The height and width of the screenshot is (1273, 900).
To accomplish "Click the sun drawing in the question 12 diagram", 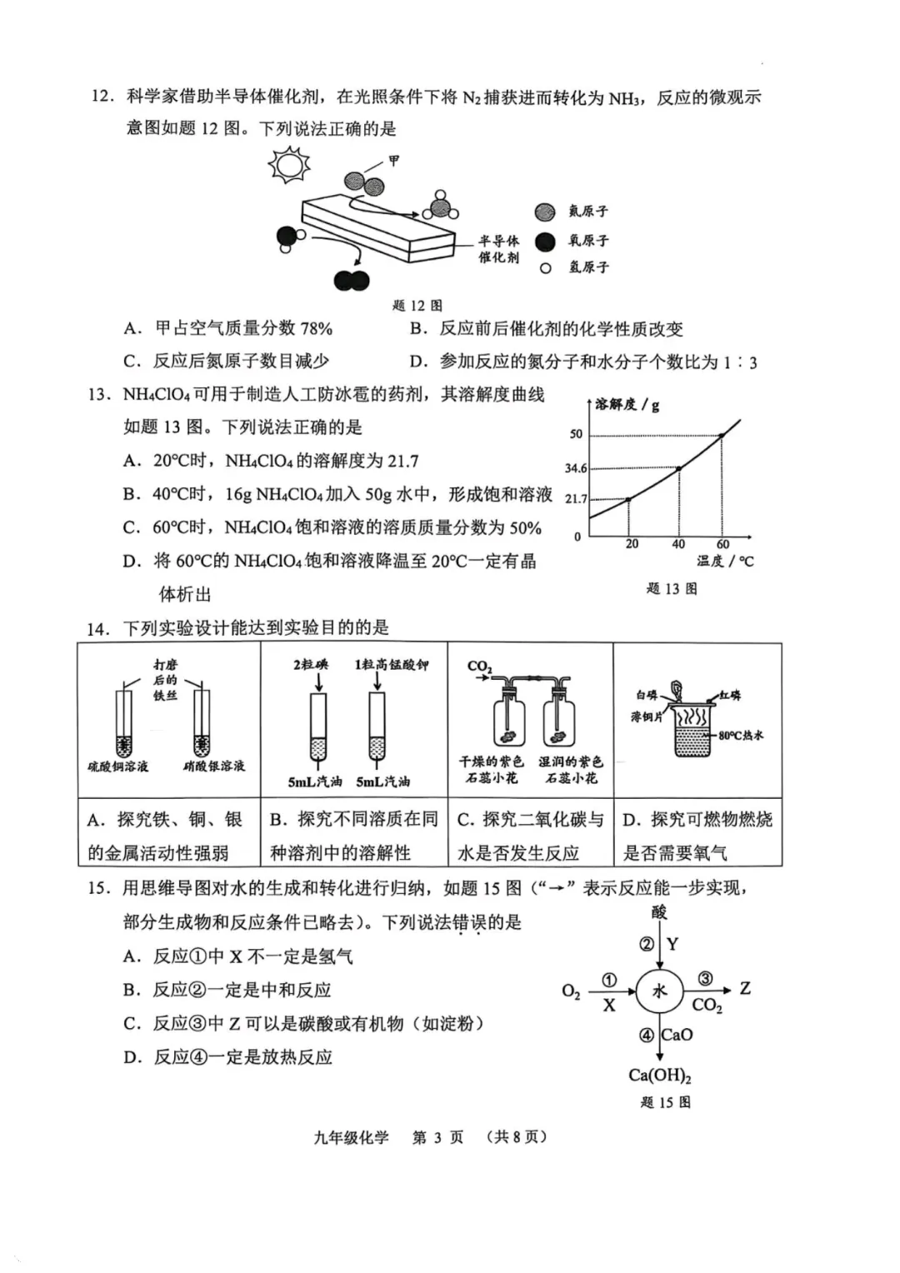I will pyautogui.click(x=289, y=163).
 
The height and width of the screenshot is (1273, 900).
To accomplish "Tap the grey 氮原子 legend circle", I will pyautogui.click(x=545, y=212).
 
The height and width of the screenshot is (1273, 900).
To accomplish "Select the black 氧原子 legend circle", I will pyautogui.click(x=545, y=242).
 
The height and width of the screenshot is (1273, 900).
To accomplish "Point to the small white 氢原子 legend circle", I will pyautogui.click(x=546, y=268).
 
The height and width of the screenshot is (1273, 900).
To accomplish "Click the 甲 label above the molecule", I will pyautogui.click(x=394, y=160).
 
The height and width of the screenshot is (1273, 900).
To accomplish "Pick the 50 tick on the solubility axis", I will pyautogui.click(x=576, y=434).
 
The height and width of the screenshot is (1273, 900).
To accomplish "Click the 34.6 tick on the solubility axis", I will pyautogui.click(x=575, y=468).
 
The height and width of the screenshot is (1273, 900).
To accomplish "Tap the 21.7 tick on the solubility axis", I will pyautogui.click(x=576, y=499).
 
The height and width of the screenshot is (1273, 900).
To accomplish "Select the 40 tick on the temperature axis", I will pyautogui.click(x=678, y=544).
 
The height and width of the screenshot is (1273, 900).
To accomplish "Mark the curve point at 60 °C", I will pyautogui.click(x=722, y=435).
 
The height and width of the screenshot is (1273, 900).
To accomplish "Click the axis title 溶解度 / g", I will pyautogui.click(x=627, y=405).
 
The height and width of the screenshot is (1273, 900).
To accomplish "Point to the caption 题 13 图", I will pyautogui.click(x=672, y=589).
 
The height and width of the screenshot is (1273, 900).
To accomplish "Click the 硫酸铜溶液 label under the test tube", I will pyautogui.click(x=118, y=766).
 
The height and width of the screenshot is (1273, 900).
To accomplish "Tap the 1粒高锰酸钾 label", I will pyautogui.click(x=392, y=665).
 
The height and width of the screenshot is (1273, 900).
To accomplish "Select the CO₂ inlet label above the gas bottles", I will pyautogui.click(x=479, y=666).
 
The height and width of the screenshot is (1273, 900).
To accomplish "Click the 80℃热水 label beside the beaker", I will pyautogui.click(x=740, y=736).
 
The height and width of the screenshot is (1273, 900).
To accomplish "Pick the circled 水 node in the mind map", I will pyautogui.click(x=659, y=991).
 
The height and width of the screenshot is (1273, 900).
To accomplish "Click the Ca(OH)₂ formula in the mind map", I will pyautogui.click(x=660, y=1076).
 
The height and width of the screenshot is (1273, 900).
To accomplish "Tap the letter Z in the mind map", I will pyautogui.click(x=745, y=989).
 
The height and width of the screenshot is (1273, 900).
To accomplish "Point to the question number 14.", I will pyautogui.click(x=98, y=629).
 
